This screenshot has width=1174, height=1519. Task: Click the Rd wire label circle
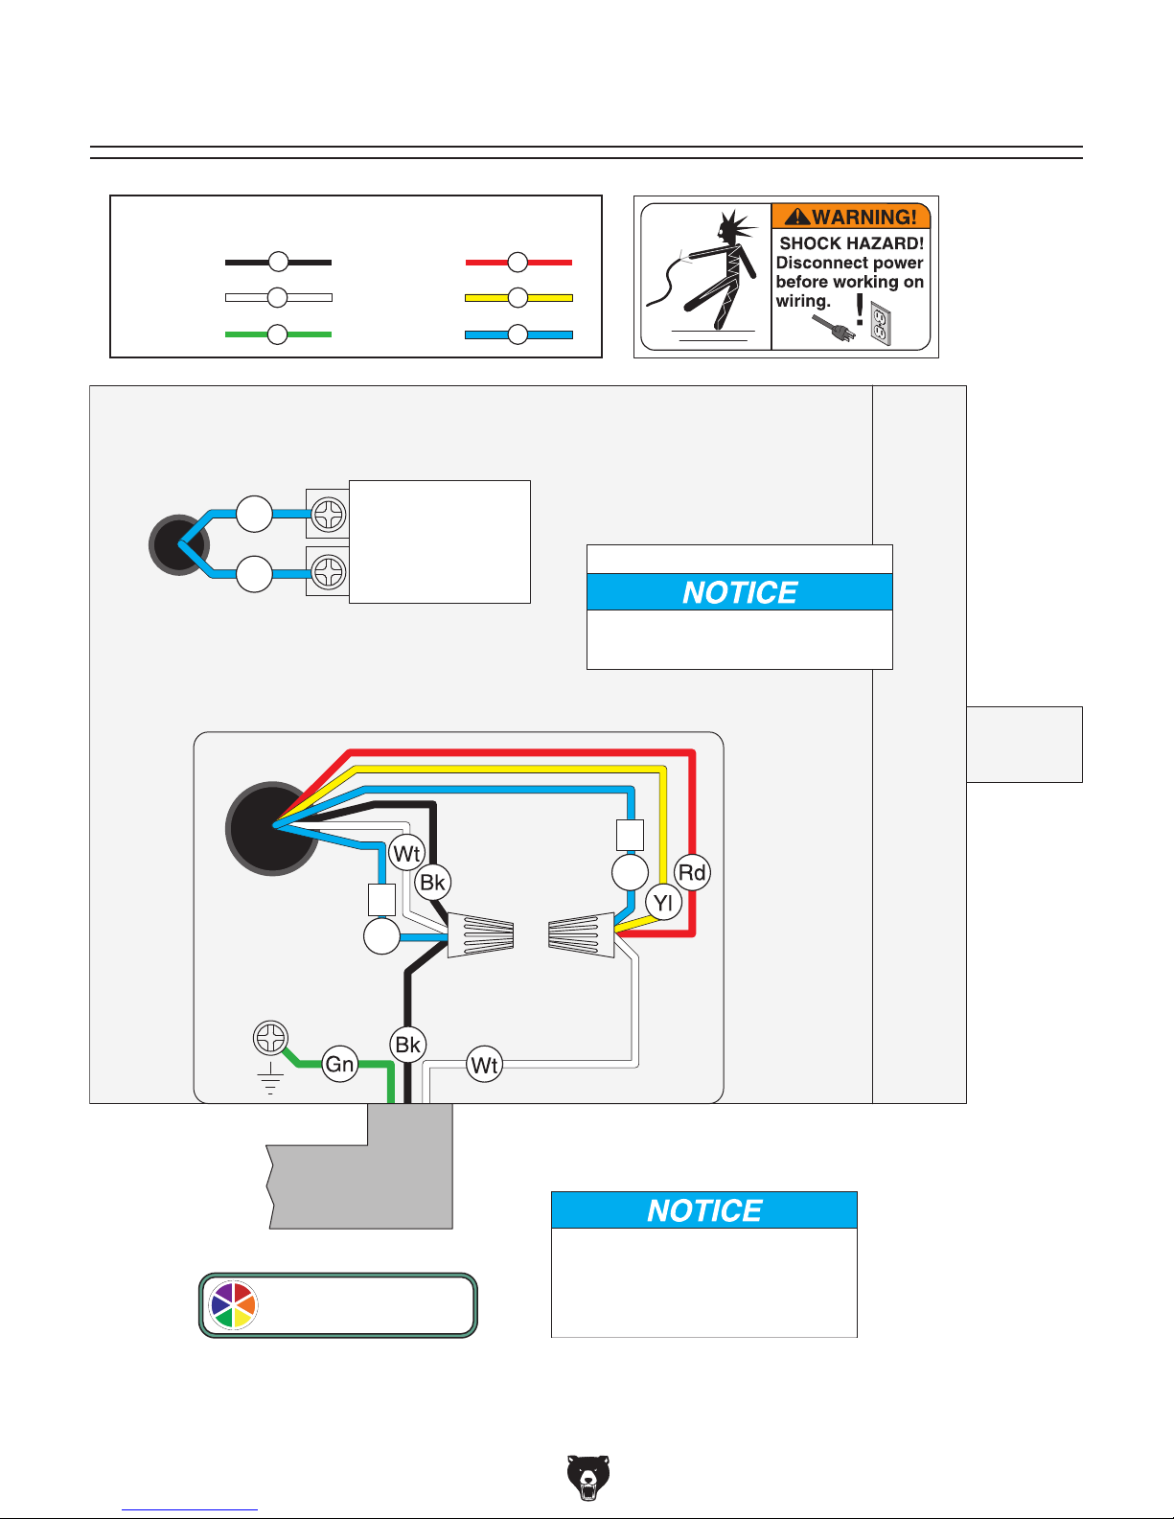click(692, 872)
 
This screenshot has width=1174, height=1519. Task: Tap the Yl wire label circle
click(663, 903)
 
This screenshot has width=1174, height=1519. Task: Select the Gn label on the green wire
click(339, 1064)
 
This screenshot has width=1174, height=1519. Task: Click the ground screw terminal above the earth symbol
click(270, 1037)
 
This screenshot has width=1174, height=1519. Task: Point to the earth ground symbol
click(270, 1077)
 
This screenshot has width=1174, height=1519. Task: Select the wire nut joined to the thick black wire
click(481, 935)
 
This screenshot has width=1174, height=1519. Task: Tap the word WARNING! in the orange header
click(864, 217)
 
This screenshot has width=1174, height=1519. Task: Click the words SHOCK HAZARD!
click(851, 243)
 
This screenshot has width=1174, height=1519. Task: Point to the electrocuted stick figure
click(705, 272)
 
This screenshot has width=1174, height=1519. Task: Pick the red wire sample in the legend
click(518, 263)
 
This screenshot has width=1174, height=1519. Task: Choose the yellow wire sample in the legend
click(518, 298)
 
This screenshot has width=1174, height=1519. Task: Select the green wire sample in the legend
click(278, 334)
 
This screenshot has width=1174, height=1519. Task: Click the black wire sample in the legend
click(278, 263)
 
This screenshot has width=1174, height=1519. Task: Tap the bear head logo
click(587, 1478)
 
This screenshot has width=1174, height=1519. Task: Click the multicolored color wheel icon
click(234, 1305)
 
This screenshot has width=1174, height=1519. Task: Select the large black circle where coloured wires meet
click(271, 828)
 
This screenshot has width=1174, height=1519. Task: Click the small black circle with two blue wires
click(179, 544)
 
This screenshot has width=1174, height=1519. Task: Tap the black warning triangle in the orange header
click(797, 217)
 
